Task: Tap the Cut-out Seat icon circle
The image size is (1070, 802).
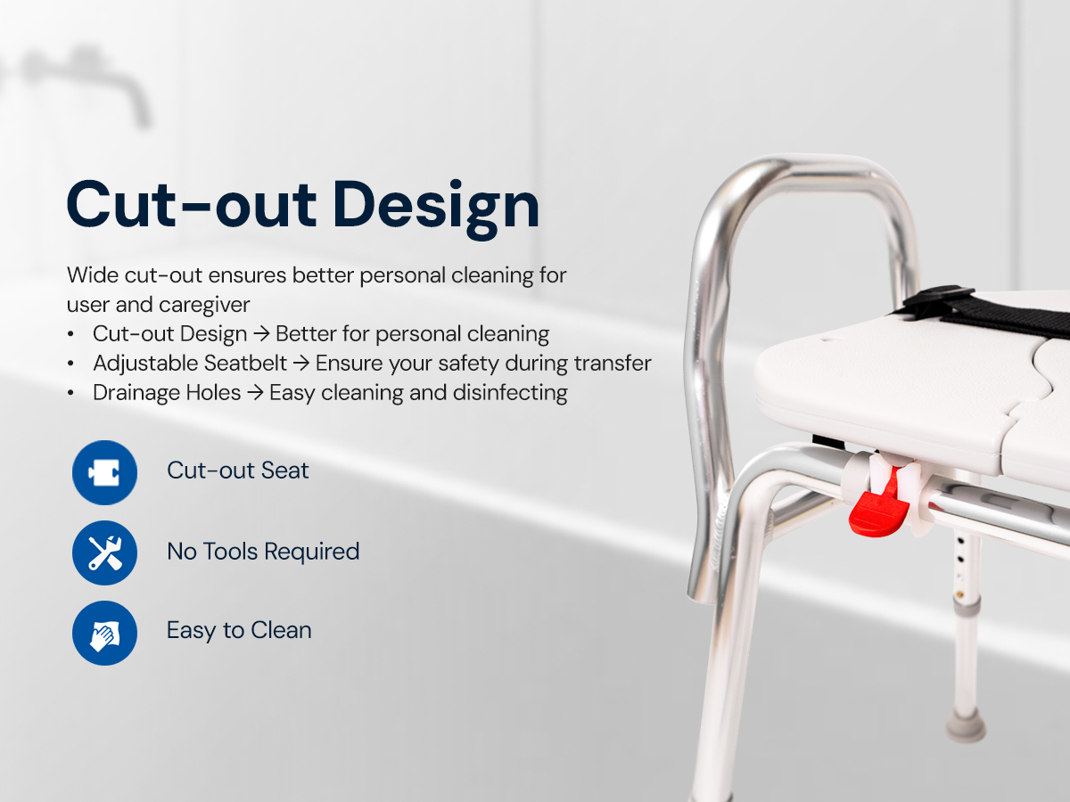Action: click(x=104, y=472)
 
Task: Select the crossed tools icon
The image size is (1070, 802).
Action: click(x=104, y=552)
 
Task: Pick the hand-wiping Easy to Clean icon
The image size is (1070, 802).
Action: click(x=104, y=633)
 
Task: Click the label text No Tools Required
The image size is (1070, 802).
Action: click(x=263, y=552)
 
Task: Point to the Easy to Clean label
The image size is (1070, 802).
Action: click(x=239, y=631)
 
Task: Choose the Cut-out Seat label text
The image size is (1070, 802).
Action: click(x=237, y=471)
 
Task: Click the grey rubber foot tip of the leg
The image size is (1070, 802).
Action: click(x=965, y=726)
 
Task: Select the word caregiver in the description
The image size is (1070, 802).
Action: click(x=204, y=305)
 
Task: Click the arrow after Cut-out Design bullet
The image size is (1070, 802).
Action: click(x=261, y=335)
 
